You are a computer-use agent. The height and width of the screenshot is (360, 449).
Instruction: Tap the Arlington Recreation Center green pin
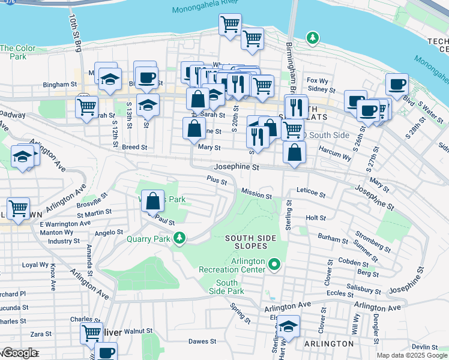pyautogui.click(x=275, y=263)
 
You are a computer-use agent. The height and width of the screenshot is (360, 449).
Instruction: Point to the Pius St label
pyautogui.click(x=216, y=179)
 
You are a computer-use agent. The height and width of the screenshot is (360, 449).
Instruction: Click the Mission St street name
pyautogui.click(x=256, y=195)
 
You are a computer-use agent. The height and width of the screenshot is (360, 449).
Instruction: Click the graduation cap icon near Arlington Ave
pyautogui.click(x=22, y=157)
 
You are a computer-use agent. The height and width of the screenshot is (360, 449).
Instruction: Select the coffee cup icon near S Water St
pyautogui.click(x=396, y=85)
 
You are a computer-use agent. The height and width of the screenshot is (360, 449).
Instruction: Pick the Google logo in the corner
pyautogui.click(x=20, y=353)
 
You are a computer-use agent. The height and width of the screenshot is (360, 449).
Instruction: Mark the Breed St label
pyautogui.click(x=134, y=147)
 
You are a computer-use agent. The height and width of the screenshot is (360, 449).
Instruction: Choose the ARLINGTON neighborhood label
pyautogui.click(x=328, y=344)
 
